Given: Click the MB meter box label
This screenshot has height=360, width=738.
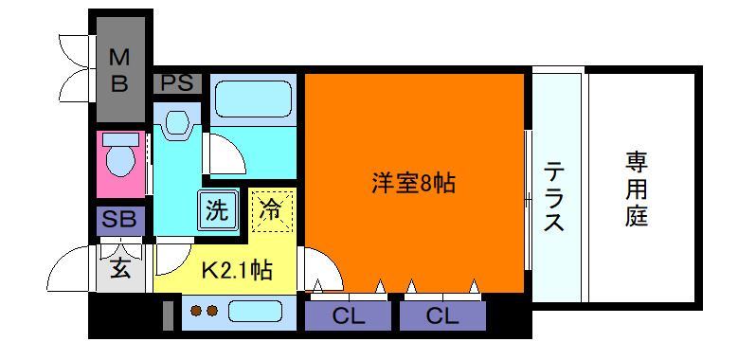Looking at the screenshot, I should click(x=119, y=70).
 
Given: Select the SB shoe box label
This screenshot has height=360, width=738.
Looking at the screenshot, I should click(x=120, y=221).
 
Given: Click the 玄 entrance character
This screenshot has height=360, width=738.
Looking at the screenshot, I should click(x=120, y=268).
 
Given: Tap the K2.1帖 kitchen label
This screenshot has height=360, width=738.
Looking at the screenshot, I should click(x=237, y=271).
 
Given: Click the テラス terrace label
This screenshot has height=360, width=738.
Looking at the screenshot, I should click(x=555, y=197).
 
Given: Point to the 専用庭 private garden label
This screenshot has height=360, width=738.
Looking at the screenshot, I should click(x=636, y=189).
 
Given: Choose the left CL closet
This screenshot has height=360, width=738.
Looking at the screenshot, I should click(x=347, y=315).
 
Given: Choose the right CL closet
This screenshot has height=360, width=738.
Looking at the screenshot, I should click(x=442, y=315).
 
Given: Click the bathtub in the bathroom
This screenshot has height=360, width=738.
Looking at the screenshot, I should click(x=252, y=99).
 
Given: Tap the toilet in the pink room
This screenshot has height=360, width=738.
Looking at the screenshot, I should click(x=120, y=162).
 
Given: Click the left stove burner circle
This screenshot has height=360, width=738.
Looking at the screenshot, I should click(x=197, y=310).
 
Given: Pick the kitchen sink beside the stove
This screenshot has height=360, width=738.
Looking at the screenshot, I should click(x=259, y=311).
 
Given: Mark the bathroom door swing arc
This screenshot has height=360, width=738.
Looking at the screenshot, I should click(x=225, y=152).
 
